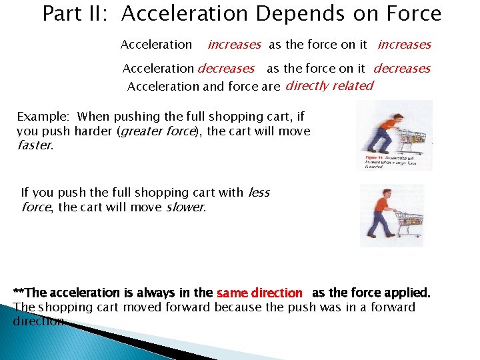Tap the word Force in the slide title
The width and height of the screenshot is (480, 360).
(x=413, y=14)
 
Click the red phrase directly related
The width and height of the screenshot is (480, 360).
(x=329, y=85)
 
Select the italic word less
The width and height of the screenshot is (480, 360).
(x=259, y=193)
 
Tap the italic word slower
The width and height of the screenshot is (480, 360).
(x=185, y=207)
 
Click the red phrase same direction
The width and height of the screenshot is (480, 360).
(x=259, y=293)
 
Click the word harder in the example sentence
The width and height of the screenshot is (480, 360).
(x=93, y=131)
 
